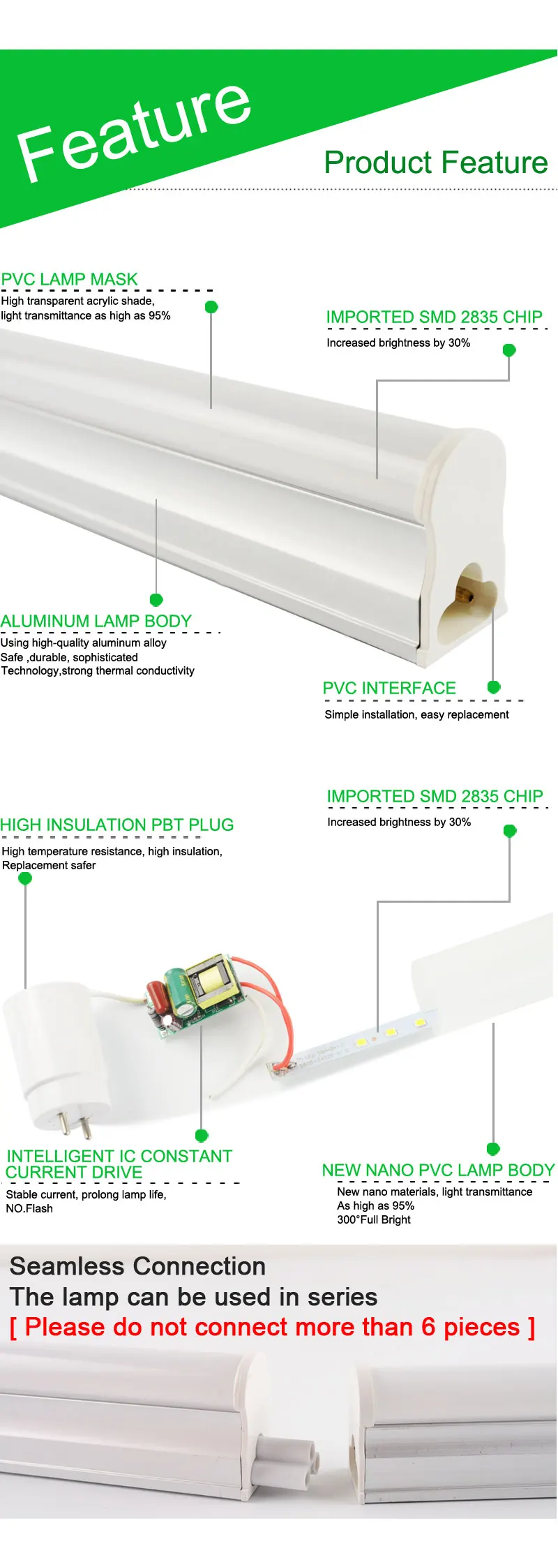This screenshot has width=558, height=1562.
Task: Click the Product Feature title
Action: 436,163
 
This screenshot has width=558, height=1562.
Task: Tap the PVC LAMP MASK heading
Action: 70,280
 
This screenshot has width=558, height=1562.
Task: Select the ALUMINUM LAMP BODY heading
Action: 96,621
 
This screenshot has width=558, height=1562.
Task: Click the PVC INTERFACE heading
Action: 389,689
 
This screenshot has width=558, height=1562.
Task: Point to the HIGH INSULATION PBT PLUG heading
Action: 117,825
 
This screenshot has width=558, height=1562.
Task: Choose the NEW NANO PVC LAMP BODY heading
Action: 438,1170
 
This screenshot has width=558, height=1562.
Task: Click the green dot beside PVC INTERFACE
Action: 494,687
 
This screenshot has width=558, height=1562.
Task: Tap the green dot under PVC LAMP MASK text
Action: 211,307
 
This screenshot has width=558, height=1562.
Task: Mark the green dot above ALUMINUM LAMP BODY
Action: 156,600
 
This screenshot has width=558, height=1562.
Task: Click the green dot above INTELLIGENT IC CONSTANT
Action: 202,1135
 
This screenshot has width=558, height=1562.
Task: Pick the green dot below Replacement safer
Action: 25,878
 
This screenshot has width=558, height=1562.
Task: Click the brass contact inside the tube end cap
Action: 463,595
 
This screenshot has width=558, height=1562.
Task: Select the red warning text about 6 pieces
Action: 272,1327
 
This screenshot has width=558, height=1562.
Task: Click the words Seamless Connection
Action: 137,1266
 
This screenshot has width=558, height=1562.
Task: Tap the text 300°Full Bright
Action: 374,1219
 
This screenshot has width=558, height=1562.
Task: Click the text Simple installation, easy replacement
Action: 416,714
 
